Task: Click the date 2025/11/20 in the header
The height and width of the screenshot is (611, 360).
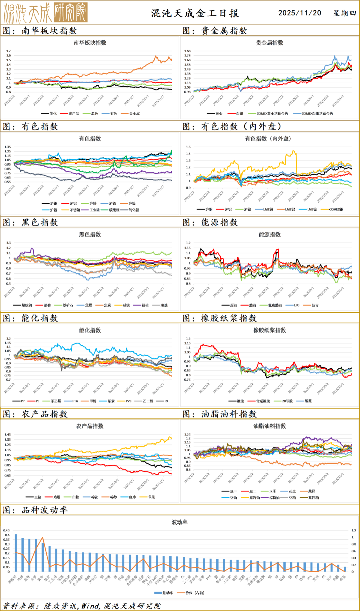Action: (x=300, y=13)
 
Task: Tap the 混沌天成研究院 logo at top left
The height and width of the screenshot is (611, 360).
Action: (x=46, y=13)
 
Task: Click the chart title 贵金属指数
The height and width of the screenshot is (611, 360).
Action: (x=269, y=43)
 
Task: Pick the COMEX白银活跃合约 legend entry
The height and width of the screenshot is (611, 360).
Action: (x=317, y=114)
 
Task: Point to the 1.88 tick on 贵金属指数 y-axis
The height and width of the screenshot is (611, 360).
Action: (x=187, y=51)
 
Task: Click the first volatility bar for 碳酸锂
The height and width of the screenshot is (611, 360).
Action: (x=16, y=553)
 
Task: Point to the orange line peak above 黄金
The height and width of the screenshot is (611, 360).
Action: (x=42, y=537)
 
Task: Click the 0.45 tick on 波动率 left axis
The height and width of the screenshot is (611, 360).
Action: (x=6, y=530)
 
